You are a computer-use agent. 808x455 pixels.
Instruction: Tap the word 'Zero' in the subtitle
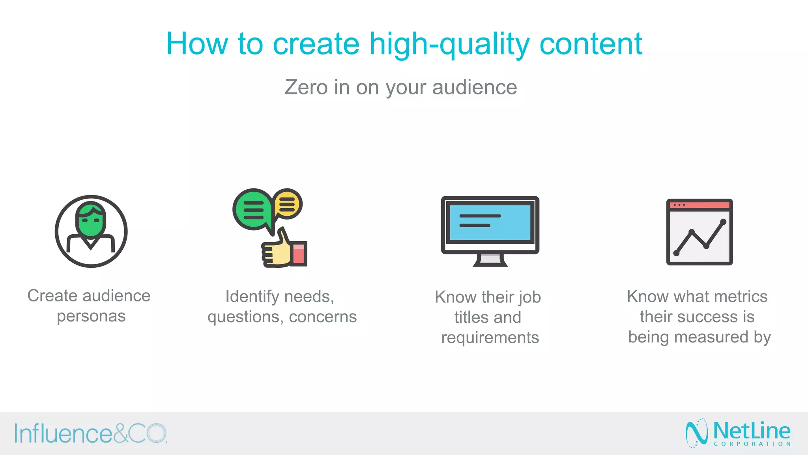tap(306, 87)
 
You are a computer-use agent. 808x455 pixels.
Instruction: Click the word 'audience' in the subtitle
tap(474, 87)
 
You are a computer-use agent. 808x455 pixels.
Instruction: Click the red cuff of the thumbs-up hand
tap(299, 254)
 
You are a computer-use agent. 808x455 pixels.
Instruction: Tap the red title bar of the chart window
tap(699, 205)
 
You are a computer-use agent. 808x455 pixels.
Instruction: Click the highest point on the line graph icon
tap(723, 222)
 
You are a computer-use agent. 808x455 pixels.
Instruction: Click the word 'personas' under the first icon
tap(91, 316)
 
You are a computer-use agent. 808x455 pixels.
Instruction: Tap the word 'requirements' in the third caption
tap(490, 338)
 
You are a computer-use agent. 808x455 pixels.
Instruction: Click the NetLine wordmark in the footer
tap(752, 431)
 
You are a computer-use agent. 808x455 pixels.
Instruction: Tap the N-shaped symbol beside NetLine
tap(696, 433)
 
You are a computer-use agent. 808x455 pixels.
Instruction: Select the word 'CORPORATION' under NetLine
tap(752, 444)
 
